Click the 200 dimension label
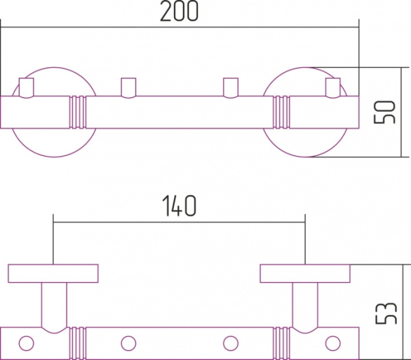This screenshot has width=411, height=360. click(179, 11)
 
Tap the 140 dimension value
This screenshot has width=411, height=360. click(179, 206)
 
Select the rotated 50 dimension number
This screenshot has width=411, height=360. click(384, 112)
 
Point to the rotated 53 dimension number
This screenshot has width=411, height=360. click(386, 313)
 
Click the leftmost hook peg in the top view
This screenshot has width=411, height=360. click(27, 88)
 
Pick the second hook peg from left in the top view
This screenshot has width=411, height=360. click(129, 88)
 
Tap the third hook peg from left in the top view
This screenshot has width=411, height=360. click(231, 88)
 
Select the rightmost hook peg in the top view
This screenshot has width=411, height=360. click(333, 88)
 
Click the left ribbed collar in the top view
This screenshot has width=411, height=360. click(77, 112)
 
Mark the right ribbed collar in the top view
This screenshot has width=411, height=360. click(282, 112)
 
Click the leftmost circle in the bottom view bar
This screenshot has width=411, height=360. click(27, 343)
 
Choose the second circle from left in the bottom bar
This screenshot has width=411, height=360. click(129, 343)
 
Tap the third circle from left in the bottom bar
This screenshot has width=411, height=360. click(231, 343)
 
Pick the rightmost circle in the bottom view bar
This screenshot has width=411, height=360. click(333, 343)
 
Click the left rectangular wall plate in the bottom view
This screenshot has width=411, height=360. click(53, 274)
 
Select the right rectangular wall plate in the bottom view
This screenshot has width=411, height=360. click(305, 274)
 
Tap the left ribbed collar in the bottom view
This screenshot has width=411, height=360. click(77, 344)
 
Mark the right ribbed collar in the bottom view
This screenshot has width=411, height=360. click(282, 344)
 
